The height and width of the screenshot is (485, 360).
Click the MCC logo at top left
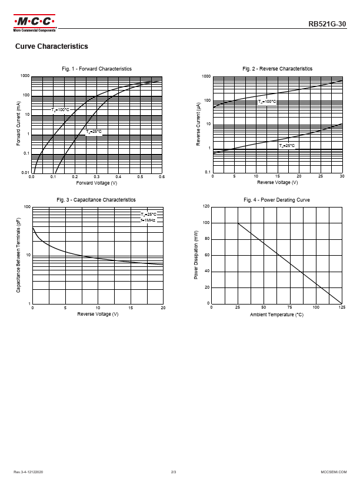(x=35, y=23)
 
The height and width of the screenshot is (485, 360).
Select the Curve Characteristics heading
(x=51, y=46)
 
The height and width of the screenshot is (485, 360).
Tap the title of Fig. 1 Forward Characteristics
(x=97, y=69)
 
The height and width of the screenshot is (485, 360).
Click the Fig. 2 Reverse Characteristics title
(x=277, y=69)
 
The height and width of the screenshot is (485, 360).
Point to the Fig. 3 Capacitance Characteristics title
(x=96, y=200)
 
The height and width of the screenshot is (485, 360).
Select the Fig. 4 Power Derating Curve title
(x=276, y=200)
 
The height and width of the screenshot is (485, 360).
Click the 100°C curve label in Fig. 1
(x=61, y=110)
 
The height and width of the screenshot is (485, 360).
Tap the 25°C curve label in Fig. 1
(x=94, y=132)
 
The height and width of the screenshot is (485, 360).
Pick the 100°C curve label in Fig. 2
(x=267, y=102)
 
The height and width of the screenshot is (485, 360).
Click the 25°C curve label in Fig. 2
(x=287, y=145)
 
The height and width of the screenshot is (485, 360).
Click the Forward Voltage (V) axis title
(x=97, y=183)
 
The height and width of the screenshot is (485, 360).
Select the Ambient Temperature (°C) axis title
(x=276, y=315)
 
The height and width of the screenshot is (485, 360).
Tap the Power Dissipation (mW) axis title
(x=196, y=255)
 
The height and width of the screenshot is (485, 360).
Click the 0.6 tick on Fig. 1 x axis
(x=162, y=177)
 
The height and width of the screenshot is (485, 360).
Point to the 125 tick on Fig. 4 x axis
(x=342, y=307)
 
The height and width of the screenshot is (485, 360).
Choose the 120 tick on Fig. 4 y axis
(x=206, y=207)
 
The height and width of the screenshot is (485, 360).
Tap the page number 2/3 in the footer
(x=174, y=472)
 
